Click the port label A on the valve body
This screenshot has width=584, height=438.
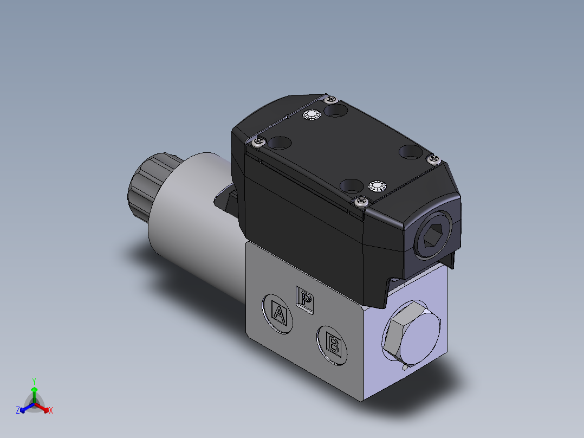(279, 313)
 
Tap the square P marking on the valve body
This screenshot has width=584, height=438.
(306, 299)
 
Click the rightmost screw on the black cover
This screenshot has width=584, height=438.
(433, 158)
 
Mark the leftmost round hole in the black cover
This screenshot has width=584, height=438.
(281, 143)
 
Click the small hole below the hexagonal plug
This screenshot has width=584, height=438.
(405, 368)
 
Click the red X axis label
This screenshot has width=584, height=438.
(51, 411)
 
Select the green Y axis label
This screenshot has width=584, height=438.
(34, 381)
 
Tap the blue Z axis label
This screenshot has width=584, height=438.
(17, 410)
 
